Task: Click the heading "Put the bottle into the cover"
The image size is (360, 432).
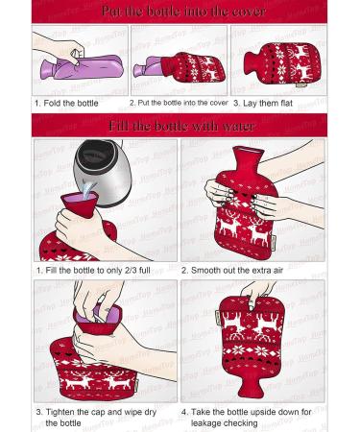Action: (x=183, y=12)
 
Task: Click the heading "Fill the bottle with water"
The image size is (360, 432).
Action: (x=181, y=126)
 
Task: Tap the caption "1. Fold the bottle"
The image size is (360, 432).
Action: (x=66, y=104)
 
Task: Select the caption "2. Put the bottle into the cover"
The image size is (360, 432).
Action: (x=179, y=103)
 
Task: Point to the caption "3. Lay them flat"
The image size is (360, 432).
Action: (x=263, y=104)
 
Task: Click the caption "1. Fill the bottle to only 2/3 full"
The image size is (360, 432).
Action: (x=93, y=271)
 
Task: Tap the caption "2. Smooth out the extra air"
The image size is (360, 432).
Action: (x=232, y=271)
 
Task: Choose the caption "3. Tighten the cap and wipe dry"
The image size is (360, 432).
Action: (x=96, y=412)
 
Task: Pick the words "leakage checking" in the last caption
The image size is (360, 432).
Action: (x=224, y=423)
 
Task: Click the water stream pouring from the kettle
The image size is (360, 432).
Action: (x=89, y=189)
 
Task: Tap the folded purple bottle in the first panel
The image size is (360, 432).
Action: (x=81, y=68)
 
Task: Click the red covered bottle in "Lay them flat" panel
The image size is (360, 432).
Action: (x=281, y=63)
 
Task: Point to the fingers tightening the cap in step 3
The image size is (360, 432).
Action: (x=96, y=298)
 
